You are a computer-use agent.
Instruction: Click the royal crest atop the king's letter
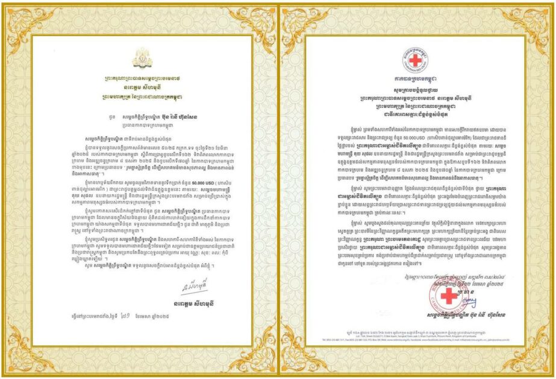[142, 58]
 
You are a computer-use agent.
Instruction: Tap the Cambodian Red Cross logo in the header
[416, 59]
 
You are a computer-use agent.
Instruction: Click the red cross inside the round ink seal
[447, 296]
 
